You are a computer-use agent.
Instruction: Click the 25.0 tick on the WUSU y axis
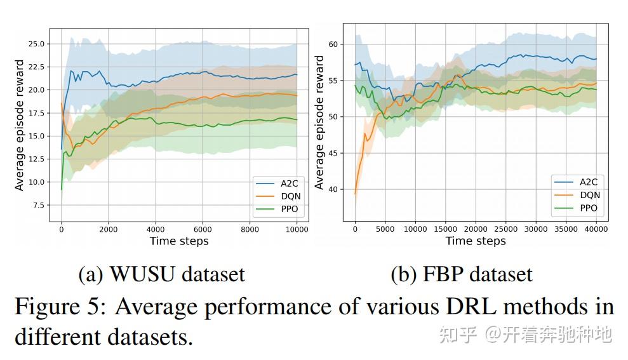tap(36, 44)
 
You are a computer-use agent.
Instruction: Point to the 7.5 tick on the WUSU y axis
tap(38, 206)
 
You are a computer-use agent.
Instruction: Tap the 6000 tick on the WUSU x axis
tap(203, 230)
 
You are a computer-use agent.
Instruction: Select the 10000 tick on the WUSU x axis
tap(296, 230)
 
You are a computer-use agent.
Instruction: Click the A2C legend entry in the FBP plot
tap(589, 182)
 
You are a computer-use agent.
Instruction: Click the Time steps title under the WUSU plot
tap(179, 241)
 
